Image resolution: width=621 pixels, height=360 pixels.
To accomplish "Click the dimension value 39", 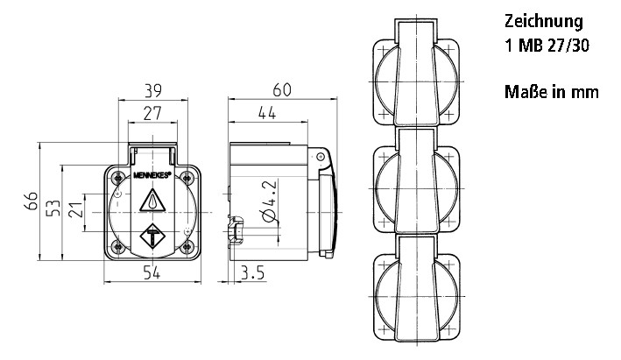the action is pyautogui.click(x=153, y=91).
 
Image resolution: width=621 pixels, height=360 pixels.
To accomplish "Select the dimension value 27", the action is pyautogui.click(x=152, y=114).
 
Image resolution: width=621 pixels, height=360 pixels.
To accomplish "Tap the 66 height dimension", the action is pyautogui.click(x=31, y=201).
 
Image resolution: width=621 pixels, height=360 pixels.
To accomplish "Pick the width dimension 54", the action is pyautogui.click(x=152, y=272).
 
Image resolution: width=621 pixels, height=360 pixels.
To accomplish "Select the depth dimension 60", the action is pyautogui.click(x=282, y=90).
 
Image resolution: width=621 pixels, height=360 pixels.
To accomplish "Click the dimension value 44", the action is pyautogui.click(x=267, y=114).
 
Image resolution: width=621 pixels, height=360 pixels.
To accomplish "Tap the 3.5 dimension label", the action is pyautogui.click(x=252, y=273).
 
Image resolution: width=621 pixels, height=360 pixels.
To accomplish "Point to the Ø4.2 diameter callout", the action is pyautogui.click(x=269, y=201).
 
